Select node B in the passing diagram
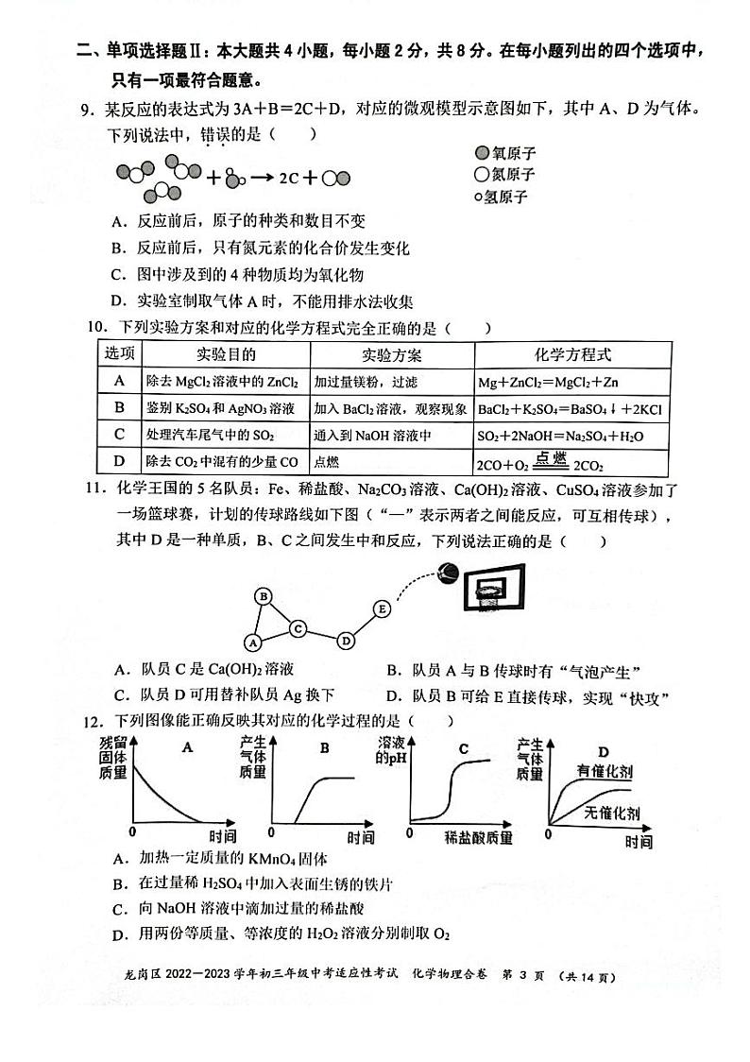pos(264,596)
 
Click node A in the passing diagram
pos(252,642)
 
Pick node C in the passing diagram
pos(297,627)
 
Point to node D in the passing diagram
pos(346,641)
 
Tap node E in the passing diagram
pos(382,609)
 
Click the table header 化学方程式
pos(572,355)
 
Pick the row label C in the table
pos(119,435)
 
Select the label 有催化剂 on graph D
pos(605,772)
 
